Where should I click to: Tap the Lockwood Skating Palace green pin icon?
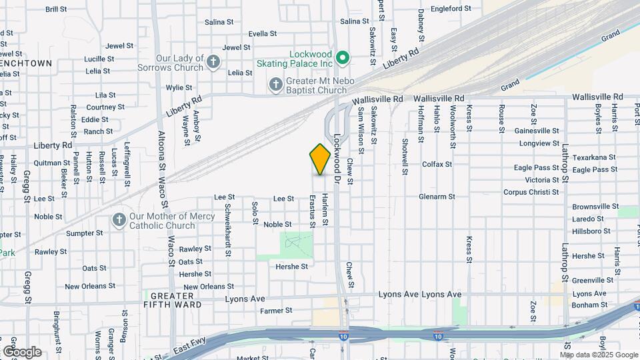click(x=343, y=58)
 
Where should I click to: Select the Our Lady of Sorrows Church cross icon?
click(x=213, y=63)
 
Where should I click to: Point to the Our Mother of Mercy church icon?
click(x=119, y=220)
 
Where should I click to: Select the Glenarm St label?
click(x=437, y=197)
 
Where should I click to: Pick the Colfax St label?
click(x=437, y=164)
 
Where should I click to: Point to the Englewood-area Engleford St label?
click(x=451, y=9)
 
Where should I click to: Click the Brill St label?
click(x=56, y=9)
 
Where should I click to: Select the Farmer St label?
click(x=276, y=310)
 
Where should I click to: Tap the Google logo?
click(x=22, y=352)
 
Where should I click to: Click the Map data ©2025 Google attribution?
click(x=599, y=355)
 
